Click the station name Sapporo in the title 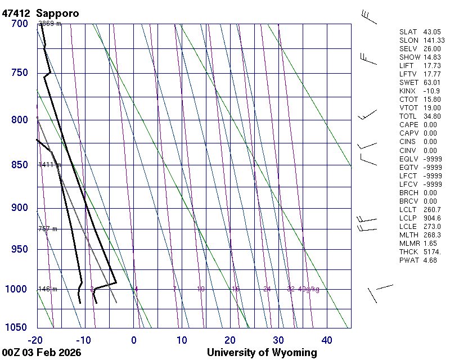tap(57, 13)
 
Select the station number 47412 tap(17, 13)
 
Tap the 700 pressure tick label tap(19, 24)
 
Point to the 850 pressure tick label tap(19, 165)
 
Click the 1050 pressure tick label tap(17, 328)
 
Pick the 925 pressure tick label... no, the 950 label tap(19, 249)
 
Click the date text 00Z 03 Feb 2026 tap(42, 353)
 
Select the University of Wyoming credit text tap(262, 353)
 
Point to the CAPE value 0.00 tap(430, 125)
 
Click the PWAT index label tap(409, 260)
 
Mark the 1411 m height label tap(49, 165)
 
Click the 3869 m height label tap(50, 24)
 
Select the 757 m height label tap(48, 229)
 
